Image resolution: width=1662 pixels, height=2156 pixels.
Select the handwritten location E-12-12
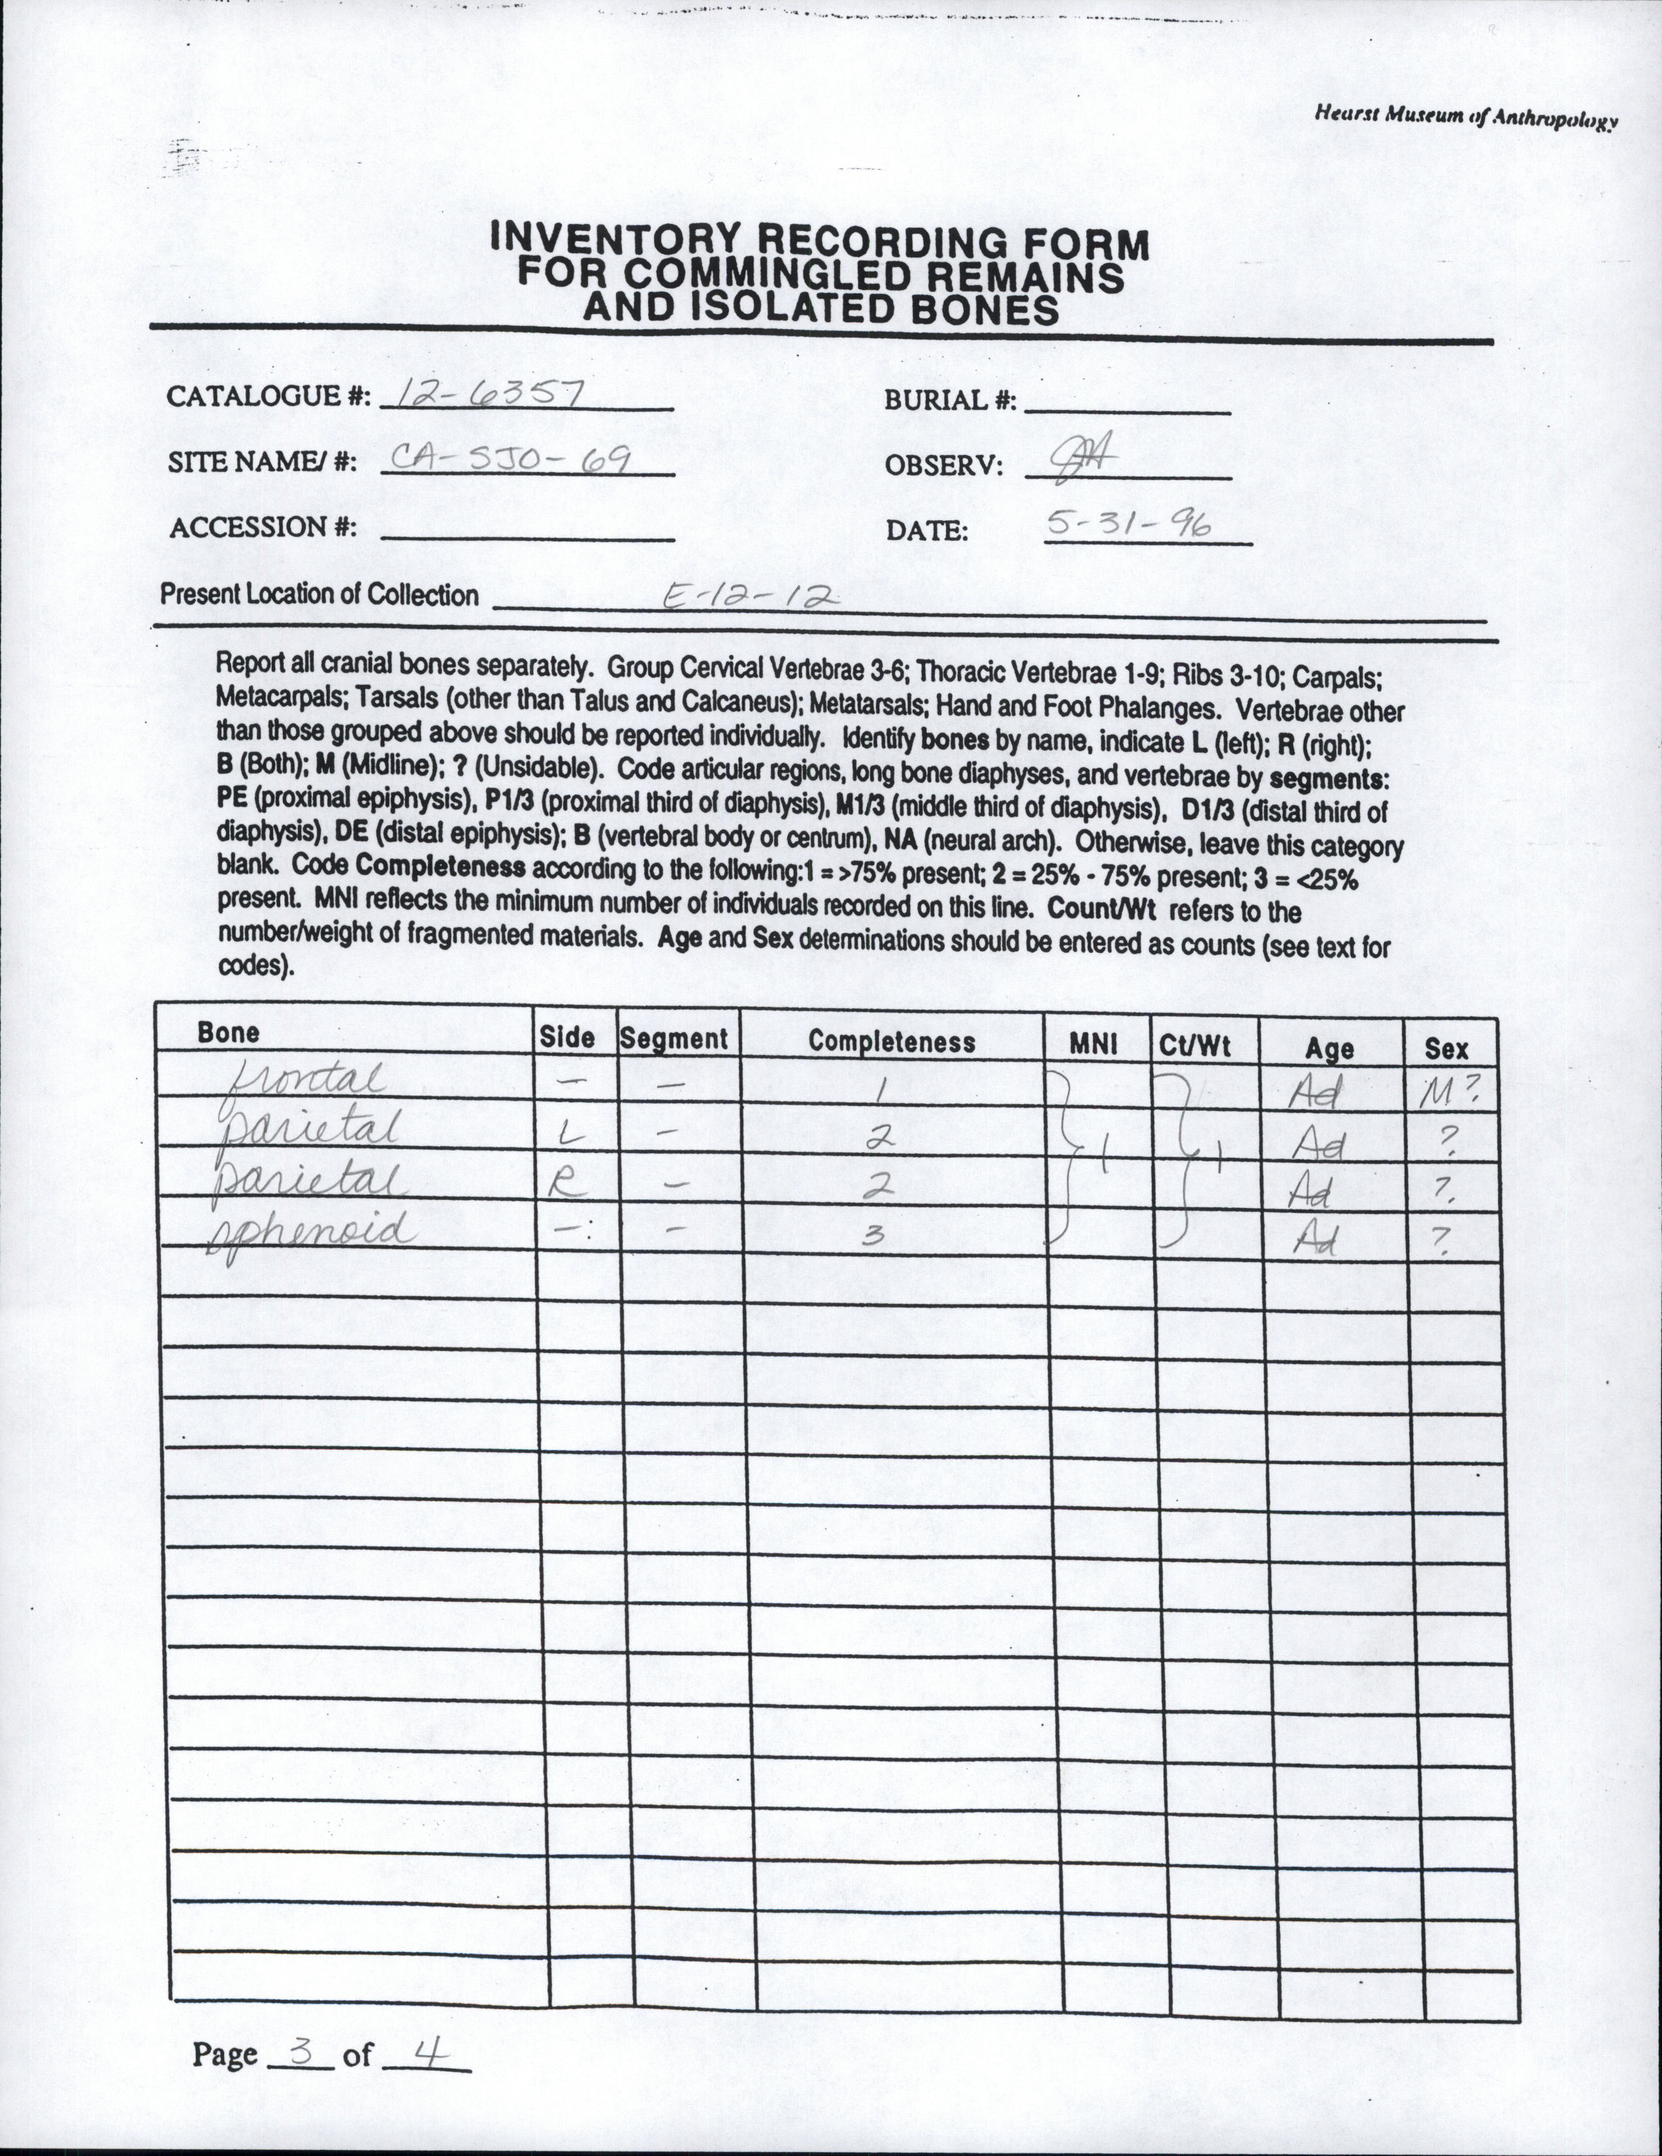751,594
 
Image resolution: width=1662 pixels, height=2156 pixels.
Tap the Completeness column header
890,1041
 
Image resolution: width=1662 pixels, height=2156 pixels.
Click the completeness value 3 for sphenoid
871,1237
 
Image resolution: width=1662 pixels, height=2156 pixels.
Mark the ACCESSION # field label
263,528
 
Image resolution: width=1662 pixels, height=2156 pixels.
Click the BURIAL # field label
950,401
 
